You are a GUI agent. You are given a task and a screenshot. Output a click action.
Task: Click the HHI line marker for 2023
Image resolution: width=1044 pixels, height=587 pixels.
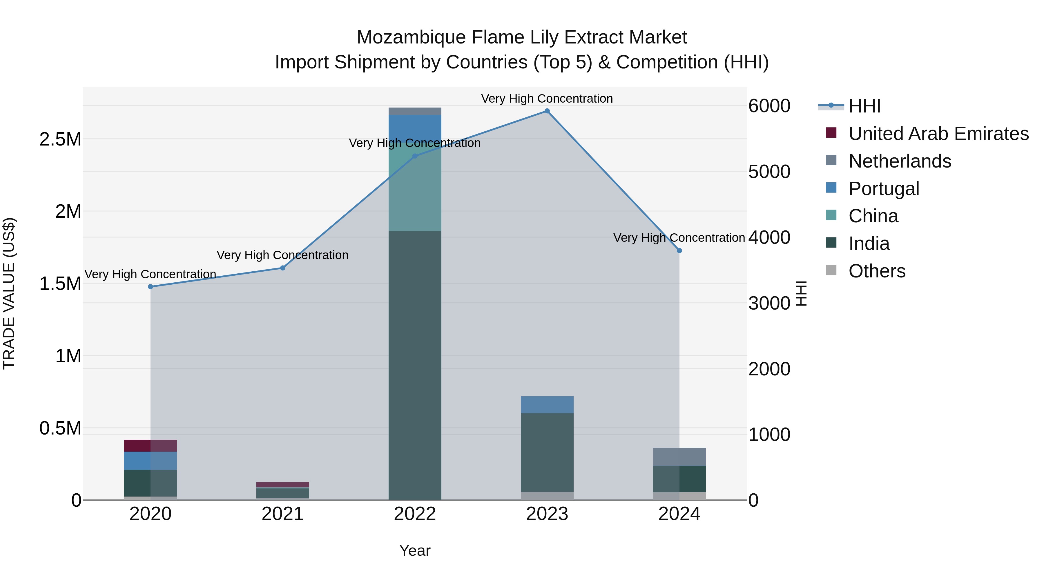pos(547,111)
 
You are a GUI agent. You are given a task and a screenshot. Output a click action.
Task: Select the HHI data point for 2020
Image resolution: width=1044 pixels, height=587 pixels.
pos(150,287)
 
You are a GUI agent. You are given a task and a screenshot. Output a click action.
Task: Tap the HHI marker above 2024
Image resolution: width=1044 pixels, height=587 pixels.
pos(679,251)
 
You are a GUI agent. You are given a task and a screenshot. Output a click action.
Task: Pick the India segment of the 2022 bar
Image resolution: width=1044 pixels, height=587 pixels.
pos(415,365)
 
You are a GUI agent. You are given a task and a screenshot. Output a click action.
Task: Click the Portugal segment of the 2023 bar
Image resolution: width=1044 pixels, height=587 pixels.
pos(547,404)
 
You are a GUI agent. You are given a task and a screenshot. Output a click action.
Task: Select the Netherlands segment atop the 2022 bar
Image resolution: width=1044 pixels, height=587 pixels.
pos(415,111)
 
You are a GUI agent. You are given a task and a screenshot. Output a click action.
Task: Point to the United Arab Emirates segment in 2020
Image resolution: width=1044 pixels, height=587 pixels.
pos(150,446)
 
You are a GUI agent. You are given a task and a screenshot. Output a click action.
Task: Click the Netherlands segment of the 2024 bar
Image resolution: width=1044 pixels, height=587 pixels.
pos(679,457)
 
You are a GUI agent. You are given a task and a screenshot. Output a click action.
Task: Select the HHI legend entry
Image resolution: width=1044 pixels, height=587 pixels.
pos(864,106)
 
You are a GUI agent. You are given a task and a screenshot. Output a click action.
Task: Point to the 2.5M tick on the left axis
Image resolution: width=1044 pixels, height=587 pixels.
pos(60,139)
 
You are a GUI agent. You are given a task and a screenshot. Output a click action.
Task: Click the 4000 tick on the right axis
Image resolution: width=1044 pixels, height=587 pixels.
pos(769,237)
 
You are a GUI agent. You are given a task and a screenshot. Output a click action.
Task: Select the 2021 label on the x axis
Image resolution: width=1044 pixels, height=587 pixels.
pos(282,514)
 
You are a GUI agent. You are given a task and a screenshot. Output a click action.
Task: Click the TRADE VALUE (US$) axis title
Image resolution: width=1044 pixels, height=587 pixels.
pos(9,293)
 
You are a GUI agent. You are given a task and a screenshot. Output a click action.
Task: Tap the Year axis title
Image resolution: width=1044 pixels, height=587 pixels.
pos(415,550)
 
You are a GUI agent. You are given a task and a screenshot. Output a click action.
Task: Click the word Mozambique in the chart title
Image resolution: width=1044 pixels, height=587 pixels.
pos(411,37)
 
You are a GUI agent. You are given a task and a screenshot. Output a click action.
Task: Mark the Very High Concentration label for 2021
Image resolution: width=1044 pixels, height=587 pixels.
pos(282,255)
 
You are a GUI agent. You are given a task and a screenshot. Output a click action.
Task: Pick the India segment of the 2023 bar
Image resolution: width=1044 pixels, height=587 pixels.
pos(547,452)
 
